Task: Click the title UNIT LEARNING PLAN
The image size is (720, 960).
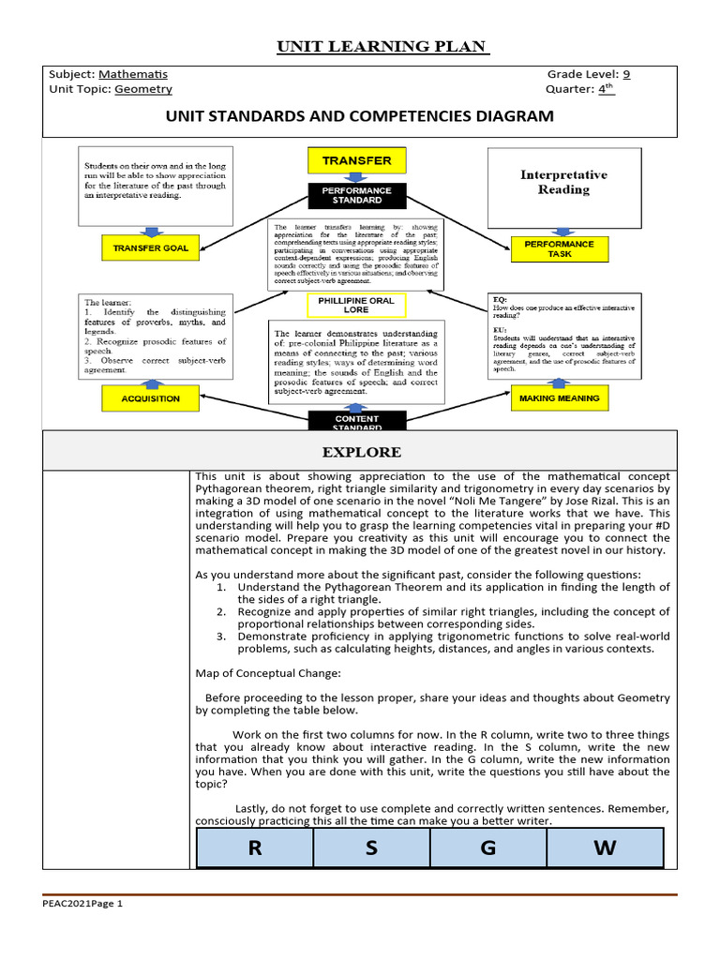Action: click(x=382, y=47)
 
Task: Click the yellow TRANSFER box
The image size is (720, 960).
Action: click(x=357, y=160)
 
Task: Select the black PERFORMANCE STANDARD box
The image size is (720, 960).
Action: click(x=357, y=195)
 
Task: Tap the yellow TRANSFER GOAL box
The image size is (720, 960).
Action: click(x=150, y=248)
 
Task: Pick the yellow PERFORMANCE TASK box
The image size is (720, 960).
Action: click(x=559, y=249)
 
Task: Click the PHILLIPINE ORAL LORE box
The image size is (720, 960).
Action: click(x=357, y=306)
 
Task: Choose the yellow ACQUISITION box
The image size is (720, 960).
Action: click(x=150, y=398)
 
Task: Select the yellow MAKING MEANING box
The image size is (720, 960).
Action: click(x=559, y=398)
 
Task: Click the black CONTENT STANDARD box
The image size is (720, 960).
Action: click(x=357, y=421)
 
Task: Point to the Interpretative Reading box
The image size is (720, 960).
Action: click(x=563, y=182)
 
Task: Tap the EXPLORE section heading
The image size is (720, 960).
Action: click(x=362, y=452)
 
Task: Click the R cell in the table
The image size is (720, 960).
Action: click(x=254, y=848)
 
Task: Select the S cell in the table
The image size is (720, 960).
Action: click(x=371, y=848)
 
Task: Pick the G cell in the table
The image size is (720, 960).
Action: click(x=487, y=848)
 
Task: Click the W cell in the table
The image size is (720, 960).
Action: click(x=605, y=848)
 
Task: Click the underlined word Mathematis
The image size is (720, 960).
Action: click(x=133, y=74)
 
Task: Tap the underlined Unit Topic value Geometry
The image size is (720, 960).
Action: click(x=143, y=90)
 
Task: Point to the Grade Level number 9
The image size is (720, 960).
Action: click(x=626, y=74)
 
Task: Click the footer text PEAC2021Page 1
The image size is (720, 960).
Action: click(x=82, y=904)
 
